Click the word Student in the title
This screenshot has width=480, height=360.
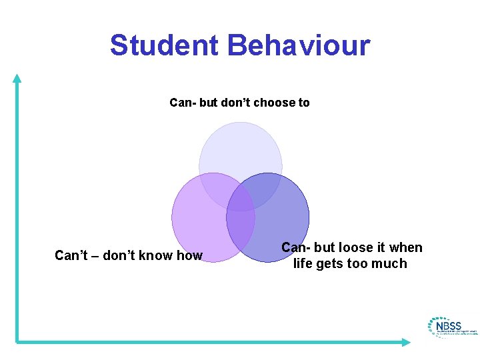coord(164,45)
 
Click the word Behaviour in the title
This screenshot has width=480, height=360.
coord(298,45)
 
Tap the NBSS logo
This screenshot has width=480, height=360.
coord(451,327)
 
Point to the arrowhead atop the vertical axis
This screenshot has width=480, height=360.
coord(17,78)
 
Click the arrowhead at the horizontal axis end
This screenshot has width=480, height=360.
coord(406,342)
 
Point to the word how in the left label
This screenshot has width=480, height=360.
coord(189,255)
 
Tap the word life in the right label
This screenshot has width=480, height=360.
coord(303,263)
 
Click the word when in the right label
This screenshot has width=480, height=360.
coord(406,247)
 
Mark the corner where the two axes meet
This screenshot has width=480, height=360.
coord(17,342)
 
